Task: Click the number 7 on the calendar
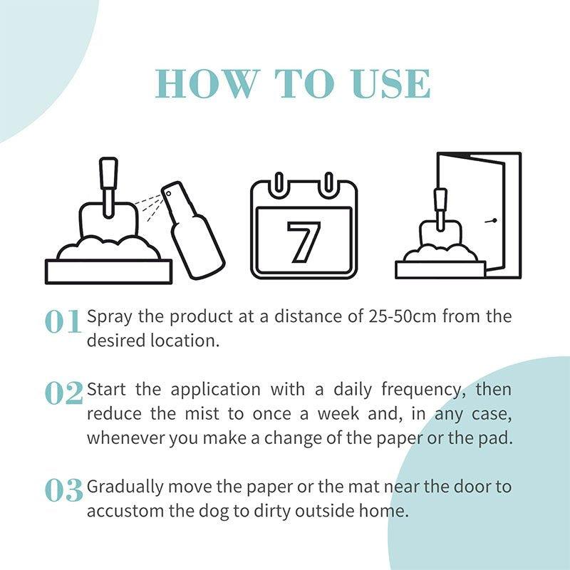tap(304, 240)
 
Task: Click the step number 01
tap(63, 322)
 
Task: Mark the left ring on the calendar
tap(279, 183)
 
